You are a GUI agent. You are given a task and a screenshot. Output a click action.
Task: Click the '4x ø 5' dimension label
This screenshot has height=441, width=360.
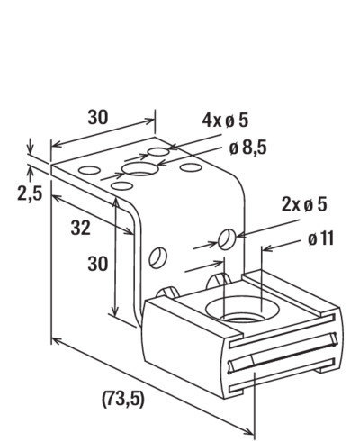tap(225, 121)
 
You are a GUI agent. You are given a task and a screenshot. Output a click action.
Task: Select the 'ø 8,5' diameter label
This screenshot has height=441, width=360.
tap(247, 148)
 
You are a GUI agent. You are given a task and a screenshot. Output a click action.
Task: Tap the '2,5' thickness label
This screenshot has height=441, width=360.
tap(30, 193)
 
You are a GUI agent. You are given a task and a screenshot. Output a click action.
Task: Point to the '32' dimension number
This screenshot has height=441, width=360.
tap(81, 228)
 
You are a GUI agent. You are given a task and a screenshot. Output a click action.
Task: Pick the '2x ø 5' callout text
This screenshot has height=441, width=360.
tap(304, 205)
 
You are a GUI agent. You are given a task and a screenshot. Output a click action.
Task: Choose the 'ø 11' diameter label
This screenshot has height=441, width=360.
tap(320, 239)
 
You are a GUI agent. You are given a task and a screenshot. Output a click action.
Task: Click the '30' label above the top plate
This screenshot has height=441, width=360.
tap(97, 117)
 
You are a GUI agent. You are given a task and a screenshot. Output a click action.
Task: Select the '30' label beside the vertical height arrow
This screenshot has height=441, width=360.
tap(97, 264)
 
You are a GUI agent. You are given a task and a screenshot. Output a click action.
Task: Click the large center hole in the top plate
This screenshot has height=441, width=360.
tap(140, 169)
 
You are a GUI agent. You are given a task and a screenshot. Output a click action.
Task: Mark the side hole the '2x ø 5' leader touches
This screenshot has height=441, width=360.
tap(227, 239)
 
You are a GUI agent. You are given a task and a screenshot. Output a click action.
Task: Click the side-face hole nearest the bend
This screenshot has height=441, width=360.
tap(157, 257)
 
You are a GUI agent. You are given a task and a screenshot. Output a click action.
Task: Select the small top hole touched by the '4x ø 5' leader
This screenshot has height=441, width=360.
tap(158, 152)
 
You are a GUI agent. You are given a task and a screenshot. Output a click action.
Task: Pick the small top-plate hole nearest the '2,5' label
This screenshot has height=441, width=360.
tap(89, 170)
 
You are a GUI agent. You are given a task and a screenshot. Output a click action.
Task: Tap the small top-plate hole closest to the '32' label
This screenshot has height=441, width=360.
tap(121, 186)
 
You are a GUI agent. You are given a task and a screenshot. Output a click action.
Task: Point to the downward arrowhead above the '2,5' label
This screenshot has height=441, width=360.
tap(30, 149)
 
